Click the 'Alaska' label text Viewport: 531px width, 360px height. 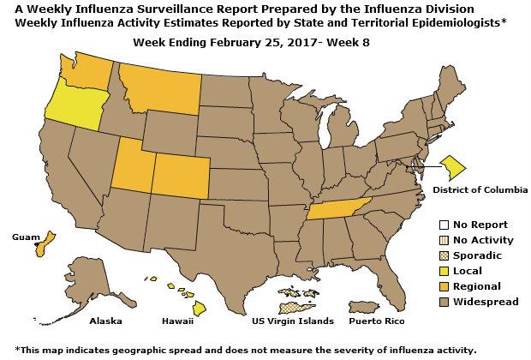[106, 322]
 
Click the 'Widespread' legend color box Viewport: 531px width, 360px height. [443, 301]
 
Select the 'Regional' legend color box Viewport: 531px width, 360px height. [443, 285]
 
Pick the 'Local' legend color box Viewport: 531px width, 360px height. [443, 270]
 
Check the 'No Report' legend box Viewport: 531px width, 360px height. [443, 225]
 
